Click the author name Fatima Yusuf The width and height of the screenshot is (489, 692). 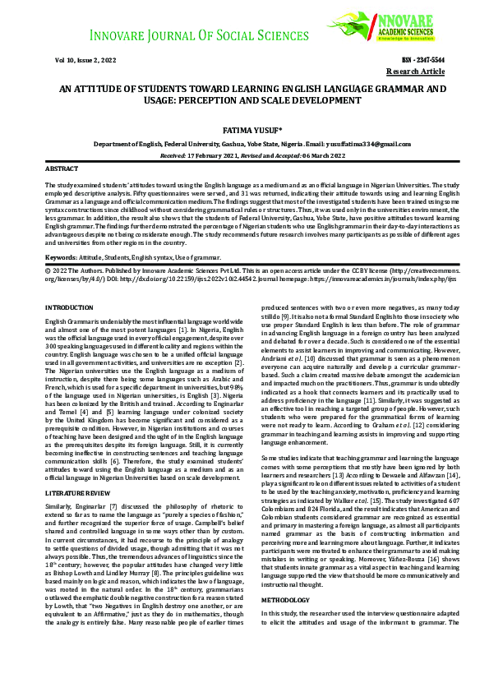(244, 131)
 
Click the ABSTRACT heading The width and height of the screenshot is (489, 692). (62, 168)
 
